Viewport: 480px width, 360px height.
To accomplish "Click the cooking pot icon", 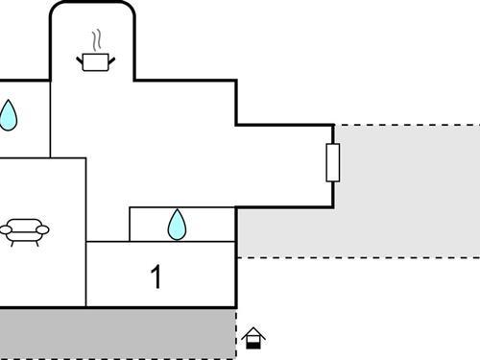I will click(95, 61).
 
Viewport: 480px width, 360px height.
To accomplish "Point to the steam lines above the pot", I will click(95, 40).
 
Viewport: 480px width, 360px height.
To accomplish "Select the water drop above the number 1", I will click(177, 225).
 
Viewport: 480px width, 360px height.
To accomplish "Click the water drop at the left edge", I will click(8, 115).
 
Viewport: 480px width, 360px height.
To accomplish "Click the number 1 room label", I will click(156, 277).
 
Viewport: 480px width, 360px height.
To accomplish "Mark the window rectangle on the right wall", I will click(333, 162).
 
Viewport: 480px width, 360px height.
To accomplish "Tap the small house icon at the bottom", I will click(253, 338).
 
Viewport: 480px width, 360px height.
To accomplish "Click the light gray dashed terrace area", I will click(403, 192).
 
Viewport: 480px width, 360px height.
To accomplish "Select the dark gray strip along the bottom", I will click(115, 333).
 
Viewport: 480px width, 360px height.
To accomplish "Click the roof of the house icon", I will click(253, 331).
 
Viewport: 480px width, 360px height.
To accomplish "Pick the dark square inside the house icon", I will click(253, 342).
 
